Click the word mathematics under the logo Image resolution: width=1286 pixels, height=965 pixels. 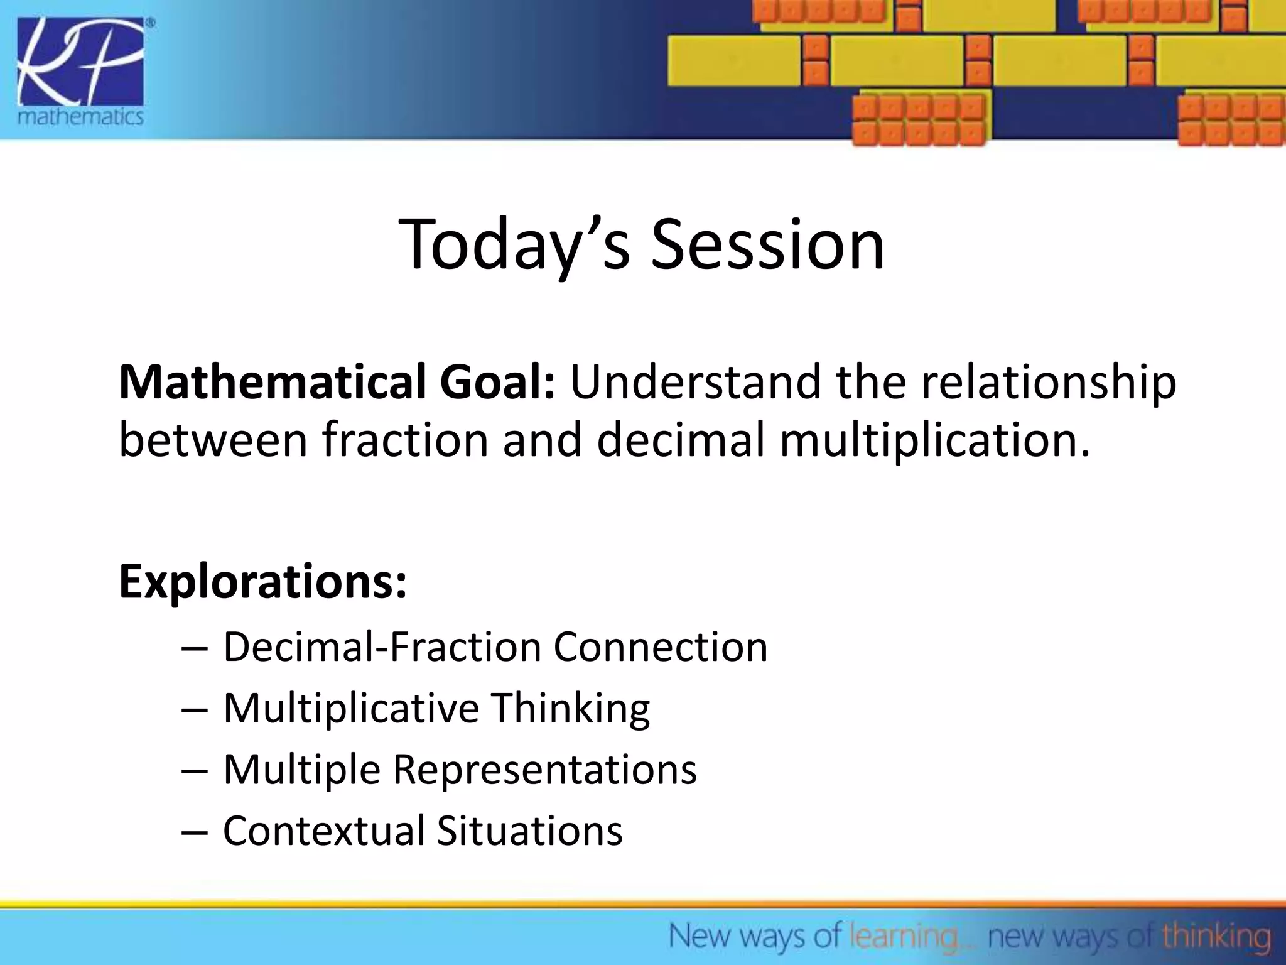(80, 117)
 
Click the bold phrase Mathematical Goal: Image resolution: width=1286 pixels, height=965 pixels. (337, 381)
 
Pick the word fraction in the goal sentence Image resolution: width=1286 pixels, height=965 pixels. (405, 440)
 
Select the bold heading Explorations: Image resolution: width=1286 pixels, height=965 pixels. (263, 582)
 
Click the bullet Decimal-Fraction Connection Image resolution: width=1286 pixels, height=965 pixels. (495, 646)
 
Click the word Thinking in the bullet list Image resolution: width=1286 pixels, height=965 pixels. (570, 709)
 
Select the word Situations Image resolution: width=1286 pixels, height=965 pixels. (529, 831)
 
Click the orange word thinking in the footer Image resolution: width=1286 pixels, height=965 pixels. (1216, 937)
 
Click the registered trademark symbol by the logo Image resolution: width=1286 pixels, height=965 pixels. (150, 23)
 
